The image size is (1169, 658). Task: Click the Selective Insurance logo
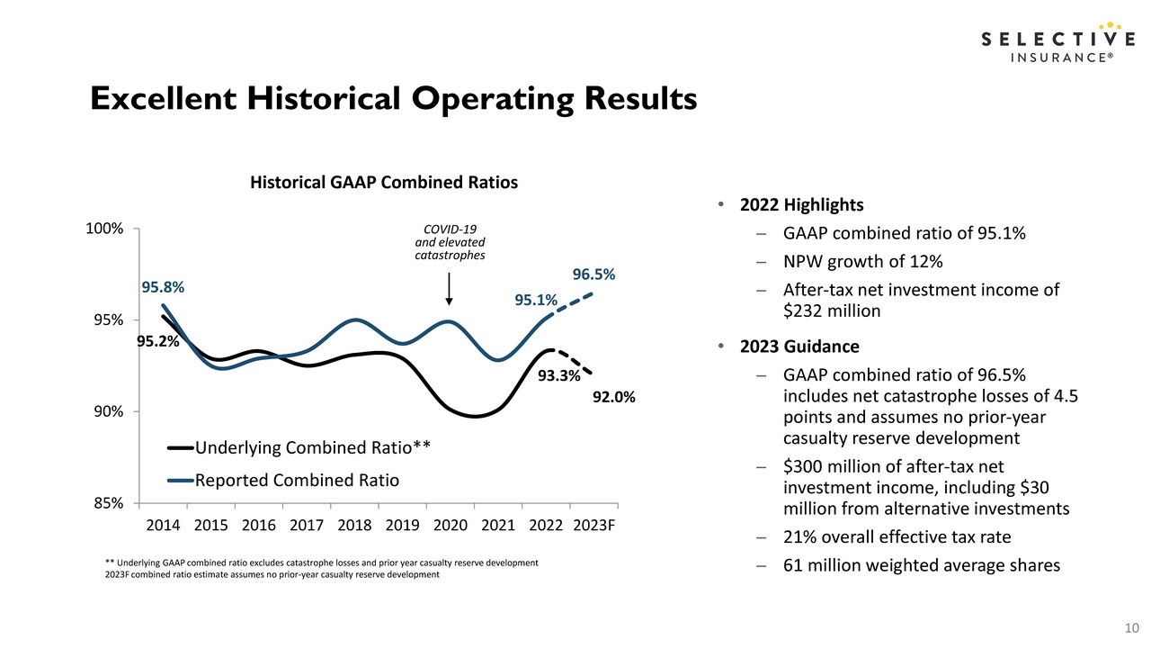pos(1057,43)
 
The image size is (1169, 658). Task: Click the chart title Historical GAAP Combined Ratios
pos(384,182)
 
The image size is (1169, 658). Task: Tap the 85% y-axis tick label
pos(109,503)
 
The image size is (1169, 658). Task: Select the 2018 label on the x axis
pos(354,525)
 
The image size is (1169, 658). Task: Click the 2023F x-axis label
pos(593,525)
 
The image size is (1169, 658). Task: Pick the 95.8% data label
pos(163,287)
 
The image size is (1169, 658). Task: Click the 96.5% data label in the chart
pos(593,275)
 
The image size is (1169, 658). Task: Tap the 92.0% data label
pos(613,398)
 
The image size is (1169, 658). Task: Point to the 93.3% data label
pos(559,375)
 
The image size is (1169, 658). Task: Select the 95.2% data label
pos(158,341)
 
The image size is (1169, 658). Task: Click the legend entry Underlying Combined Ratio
pos(299,447)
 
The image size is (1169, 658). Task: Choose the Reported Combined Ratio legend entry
pos(283,480)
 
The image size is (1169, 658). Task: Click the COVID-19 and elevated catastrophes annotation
pos(450,242)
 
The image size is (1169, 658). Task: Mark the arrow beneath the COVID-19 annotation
pos(449,289)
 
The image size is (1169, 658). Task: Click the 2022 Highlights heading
pos(801,204)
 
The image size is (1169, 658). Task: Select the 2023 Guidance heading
pos(799,347)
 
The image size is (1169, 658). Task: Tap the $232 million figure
pos(832,311)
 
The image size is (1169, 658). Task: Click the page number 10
pos(1132,627)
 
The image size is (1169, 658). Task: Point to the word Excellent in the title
pos(164,98)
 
